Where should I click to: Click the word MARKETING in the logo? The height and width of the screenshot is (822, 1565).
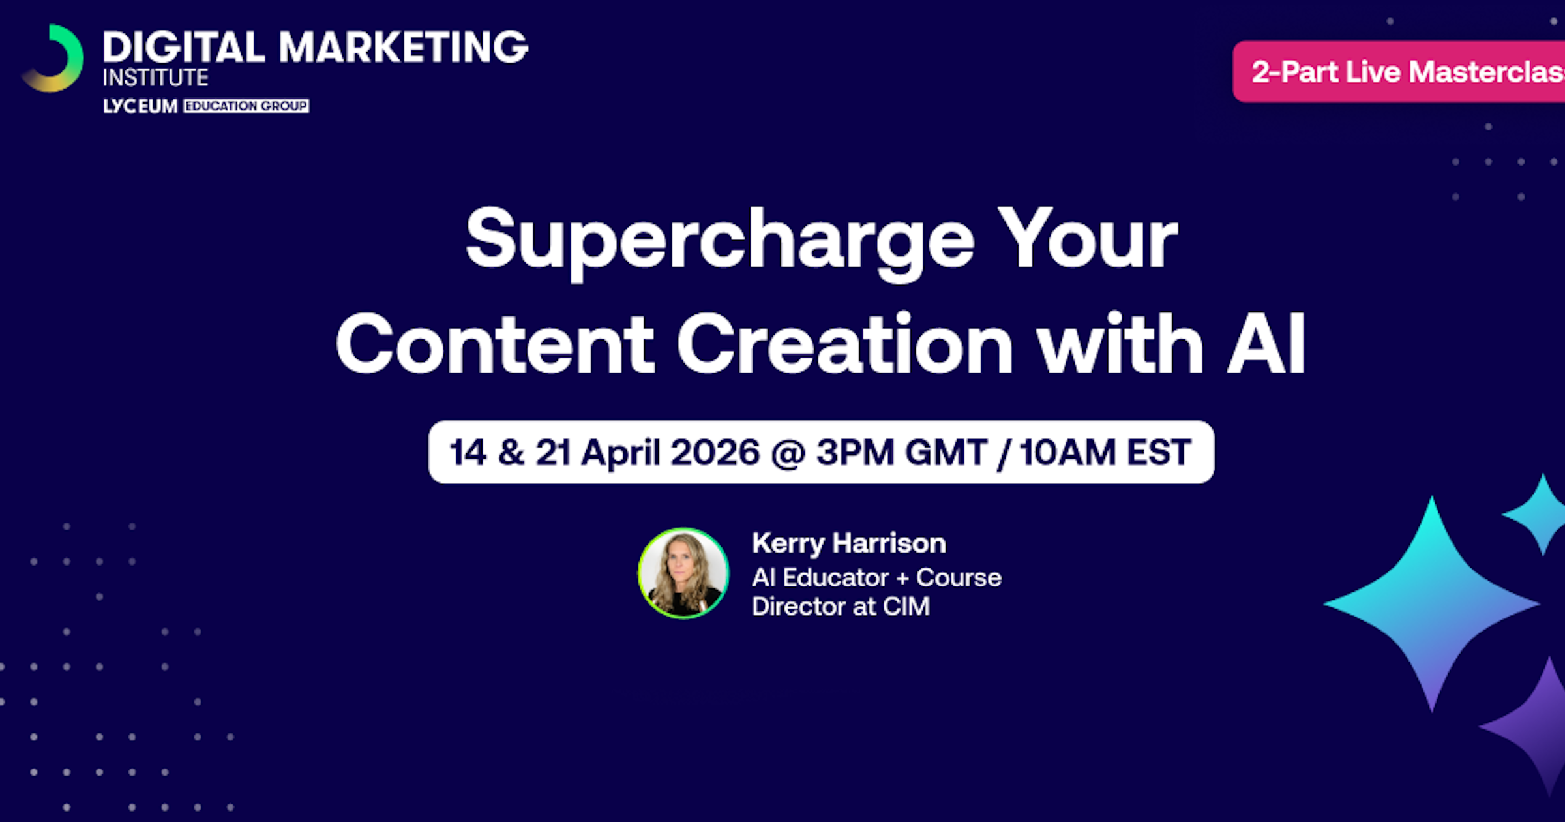(x=404, y=47)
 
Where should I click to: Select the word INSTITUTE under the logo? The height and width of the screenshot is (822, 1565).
(x=155, y=78)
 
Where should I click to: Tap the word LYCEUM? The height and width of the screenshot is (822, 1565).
(x=140, y=106)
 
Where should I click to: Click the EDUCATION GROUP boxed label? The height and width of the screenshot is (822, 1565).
(x=246, y=106)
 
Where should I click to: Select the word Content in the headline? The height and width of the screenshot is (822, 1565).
(x=495, y=343)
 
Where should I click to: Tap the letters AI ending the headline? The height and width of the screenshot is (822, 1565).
(x=1267, y=343)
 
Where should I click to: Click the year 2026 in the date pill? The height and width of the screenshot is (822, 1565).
(x=715, y=453)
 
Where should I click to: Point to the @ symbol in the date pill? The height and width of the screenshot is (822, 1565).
(x=788, y=454)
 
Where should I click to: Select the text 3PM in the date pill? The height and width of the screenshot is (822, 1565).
(x=855, y=453)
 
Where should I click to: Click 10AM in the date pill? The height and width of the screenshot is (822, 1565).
(x=1067, y=453)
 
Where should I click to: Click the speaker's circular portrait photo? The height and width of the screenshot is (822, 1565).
(x=683, y=573)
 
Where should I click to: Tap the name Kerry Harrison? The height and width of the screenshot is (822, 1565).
(x=849, y=543)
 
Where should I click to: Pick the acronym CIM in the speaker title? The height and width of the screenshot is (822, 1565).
(x=906, y=607)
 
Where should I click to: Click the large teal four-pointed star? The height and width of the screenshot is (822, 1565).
(x=1432, y=604)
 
